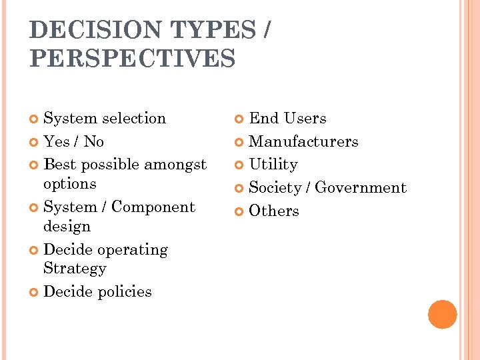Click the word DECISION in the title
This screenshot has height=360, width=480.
pyautogui.click(x=95, y=31)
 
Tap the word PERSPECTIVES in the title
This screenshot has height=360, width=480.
pyautogui.click(x=133, y=58)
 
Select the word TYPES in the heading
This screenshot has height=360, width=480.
pyautogui.click(x=213, y=31)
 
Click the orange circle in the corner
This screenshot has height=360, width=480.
pyautogui.click(x=442, y=314)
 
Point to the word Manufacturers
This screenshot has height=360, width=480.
pyautogui.click(x=303, y=141)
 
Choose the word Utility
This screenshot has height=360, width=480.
pyautogui.click(x=273, y=164)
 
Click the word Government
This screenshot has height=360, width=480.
pyautogui.click(x=361, y=188)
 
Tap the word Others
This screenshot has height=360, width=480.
pyautogui.click(x=274, y=211)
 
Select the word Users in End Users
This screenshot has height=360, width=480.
pyautogui.click(x=305, y=118)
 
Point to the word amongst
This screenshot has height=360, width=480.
pyautogui.click(x=176, y=164)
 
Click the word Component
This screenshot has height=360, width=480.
pyautogui.click(x=153, y=207)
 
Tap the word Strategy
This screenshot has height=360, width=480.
pyautogui.click(x=75, y=268)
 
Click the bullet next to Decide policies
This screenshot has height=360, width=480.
pyautogui.click(x=35, y=292)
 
